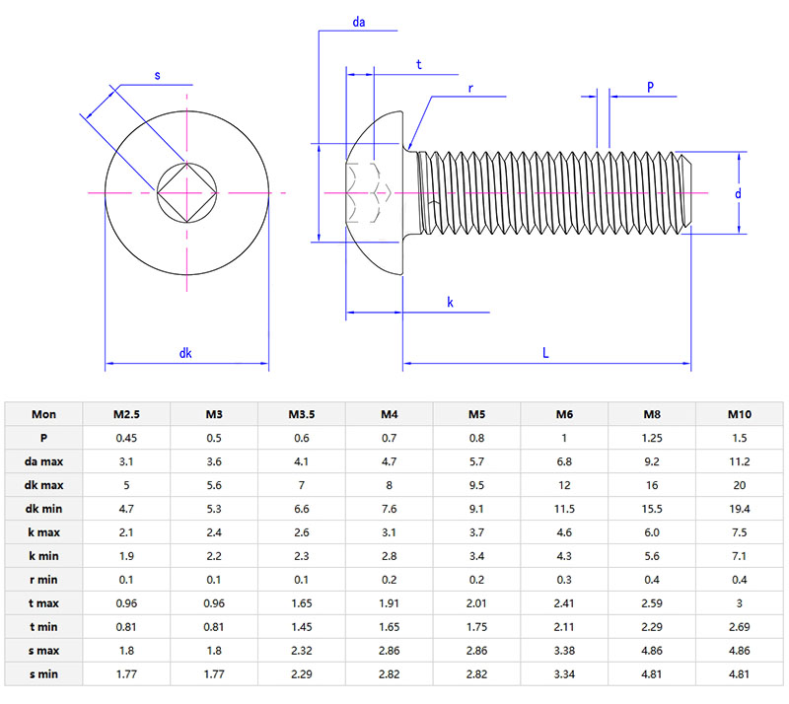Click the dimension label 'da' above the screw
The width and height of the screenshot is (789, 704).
pos(359,21)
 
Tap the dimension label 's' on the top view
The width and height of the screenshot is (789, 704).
pos(158,75)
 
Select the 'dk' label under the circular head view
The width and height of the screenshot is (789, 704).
pos(185,353)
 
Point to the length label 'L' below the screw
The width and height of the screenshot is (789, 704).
pos(545,352)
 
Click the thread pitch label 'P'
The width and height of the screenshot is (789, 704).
pos(650,87)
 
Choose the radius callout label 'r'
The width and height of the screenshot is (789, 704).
pos(470,88)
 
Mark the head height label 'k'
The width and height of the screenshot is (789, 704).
pos(451,303)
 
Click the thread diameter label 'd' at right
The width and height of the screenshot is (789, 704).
pos(738,194)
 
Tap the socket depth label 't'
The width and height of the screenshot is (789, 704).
pos(419,65)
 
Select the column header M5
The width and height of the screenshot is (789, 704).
pos(477,414)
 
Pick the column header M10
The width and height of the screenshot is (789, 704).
pos(740,414)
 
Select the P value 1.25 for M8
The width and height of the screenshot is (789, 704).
pos(652,438)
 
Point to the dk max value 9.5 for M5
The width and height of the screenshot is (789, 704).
pos(477,485)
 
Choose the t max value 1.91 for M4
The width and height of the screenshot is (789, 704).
pos(390,603)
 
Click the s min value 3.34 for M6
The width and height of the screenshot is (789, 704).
pos(564,674)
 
